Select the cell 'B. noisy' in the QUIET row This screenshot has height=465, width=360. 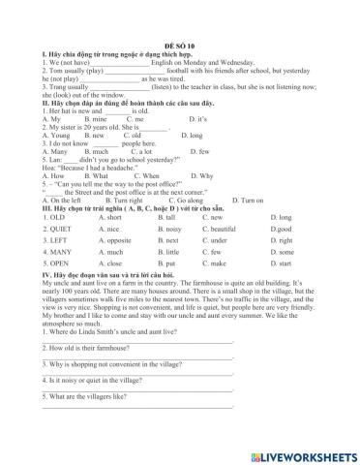[x=169, y=228]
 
